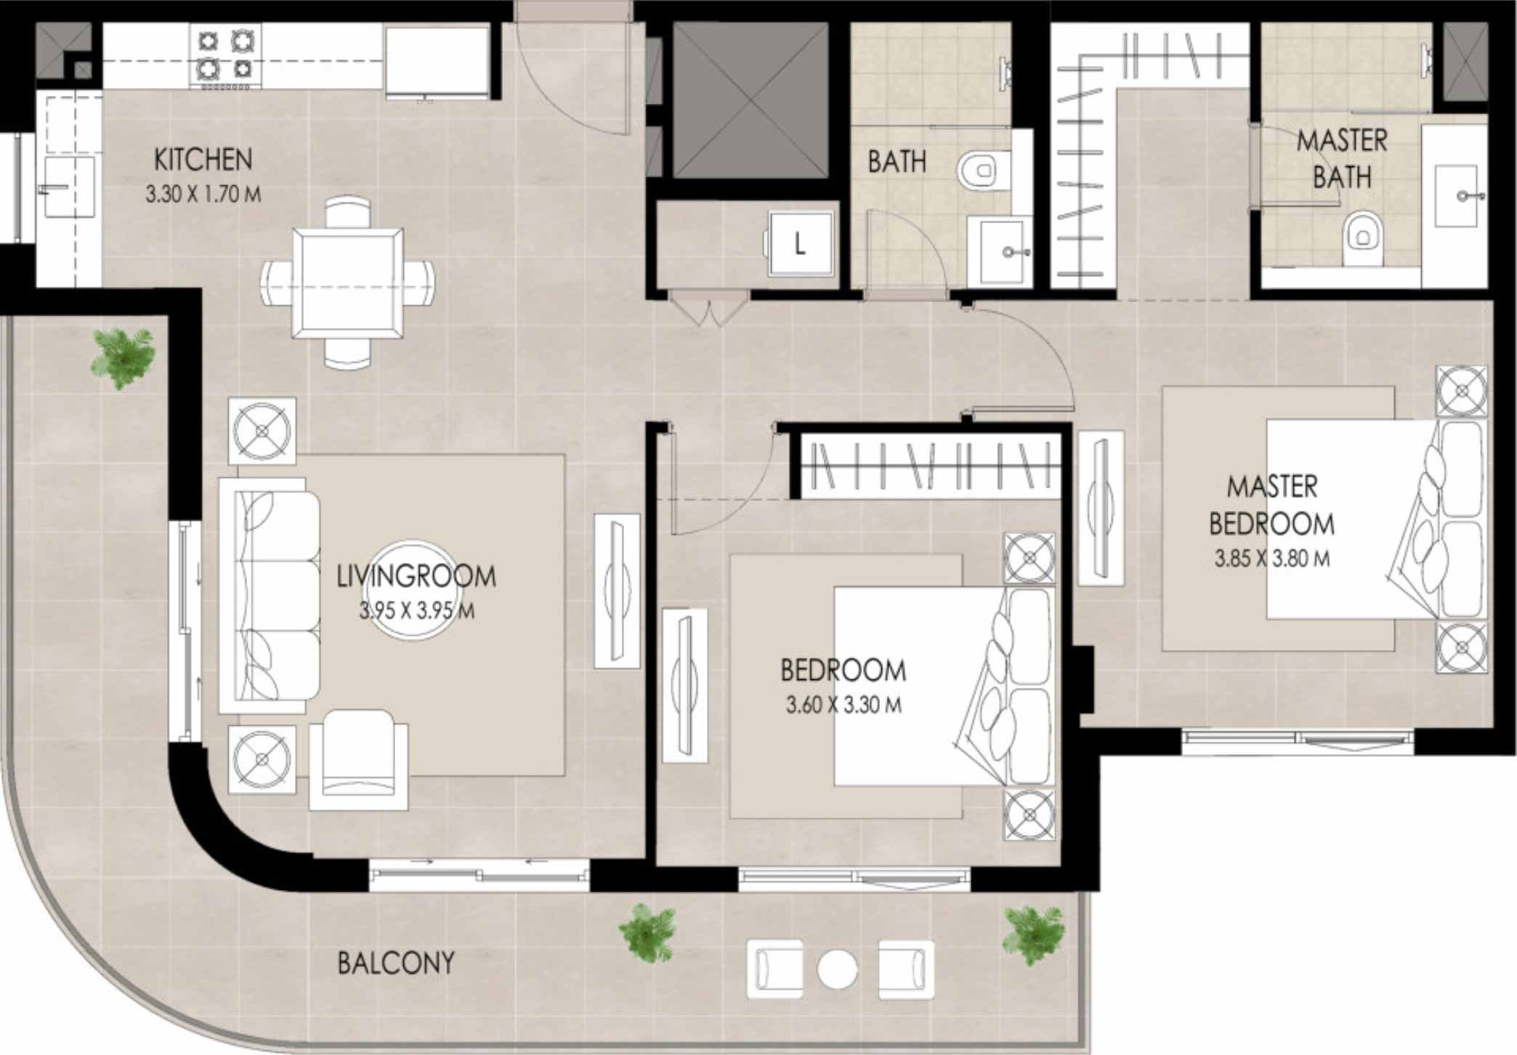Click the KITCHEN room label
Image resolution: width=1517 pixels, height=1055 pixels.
click(x=203, y=160)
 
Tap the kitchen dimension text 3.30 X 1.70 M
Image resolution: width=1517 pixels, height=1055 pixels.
click(x=203, y=195)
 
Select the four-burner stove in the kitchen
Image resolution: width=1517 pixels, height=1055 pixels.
click(x=225, y=55)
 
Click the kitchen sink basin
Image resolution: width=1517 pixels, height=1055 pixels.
click(x=70, y=186)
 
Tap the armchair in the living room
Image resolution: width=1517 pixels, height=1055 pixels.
click(x=358, y=759)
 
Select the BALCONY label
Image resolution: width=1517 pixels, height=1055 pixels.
click(x=396, y=963)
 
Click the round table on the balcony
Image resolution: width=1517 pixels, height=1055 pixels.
click(x=837, y=969)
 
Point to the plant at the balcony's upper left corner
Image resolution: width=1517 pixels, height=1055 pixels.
click(x=123, y=357)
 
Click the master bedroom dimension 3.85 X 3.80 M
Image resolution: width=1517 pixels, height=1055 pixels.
click(x=1272, y=558)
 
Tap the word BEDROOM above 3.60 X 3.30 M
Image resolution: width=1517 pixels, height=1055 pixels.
click(x=843, y=670)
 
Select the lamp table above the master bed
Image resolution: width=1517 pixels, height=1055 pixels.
click(x=1462, y=391)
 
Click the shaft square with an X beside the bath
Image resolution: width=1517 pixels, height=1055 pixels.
click(x=751, y=100)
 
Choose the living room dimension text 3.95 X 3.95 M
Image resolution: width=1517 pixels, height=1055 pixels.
click(x=416, y=610)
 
